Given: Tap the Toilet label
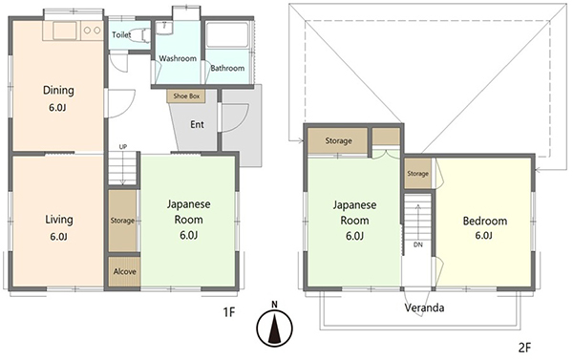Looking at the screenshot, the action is tap(121, 34).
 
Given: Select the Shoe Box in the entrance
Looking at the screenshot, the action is tap(186, 96).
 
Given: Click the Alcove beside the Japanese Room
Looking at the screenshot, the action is tap(124, 271).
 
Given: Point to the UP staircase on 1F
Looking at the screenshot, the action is tap(122, 168).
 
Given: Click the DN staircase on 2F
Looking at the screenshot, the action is tap(417, 224).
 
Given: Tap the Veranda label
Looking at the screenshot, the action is tap(424, 307).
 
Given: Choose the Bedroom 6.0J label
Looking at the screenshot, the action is tap(485, 227).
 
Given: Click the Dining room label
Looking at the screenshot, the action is tap(58, 90).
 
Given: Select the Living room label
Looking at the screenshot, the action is tap(59, 220).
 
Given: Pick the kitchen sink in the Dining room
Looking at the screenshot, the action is tap(65, 31).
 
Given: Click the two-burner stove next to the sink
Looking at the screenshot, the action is tap(92, 31).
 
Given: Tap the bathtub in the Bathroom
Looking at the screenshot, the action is tap(227, 35).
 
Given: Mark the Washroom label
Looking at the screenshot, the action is tap(178, 58).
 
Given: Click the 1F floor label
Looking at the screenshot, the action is tap(229, 312).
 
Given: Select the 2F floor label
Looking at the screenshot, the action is tap(524, 348).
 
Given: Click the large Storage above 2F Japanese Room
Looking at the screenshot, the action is tap(337, 140).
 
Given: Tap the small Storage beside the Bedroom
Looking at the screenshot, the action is tap(417, 174).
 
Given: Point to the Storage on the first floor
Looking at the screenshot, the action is tap(122, 221).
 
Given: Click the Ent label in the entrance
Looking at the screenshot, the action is tap(197, 125).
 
